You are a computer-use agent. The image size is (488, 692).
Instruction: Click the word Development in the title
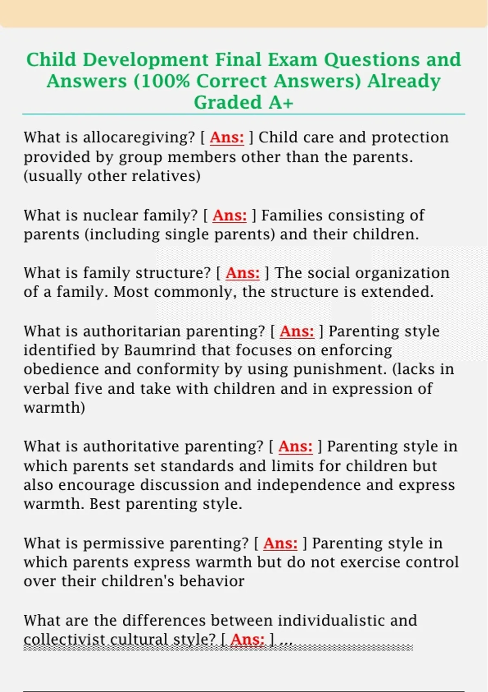pos(146,60)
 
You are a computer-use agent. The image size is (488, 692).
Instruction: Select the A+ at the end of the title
pos(281,103)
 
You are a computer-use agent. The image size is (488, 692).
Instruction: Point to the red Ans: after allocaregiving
pos(227,138)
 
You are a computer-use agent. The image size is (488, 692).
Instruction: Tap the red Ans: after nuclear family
pos(229,215)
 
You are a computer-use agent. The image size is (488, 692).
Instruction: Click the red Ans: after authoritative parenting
pos(295,447)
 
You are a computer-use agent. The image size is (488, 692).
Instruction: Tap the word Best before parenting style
pos(105,504)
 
